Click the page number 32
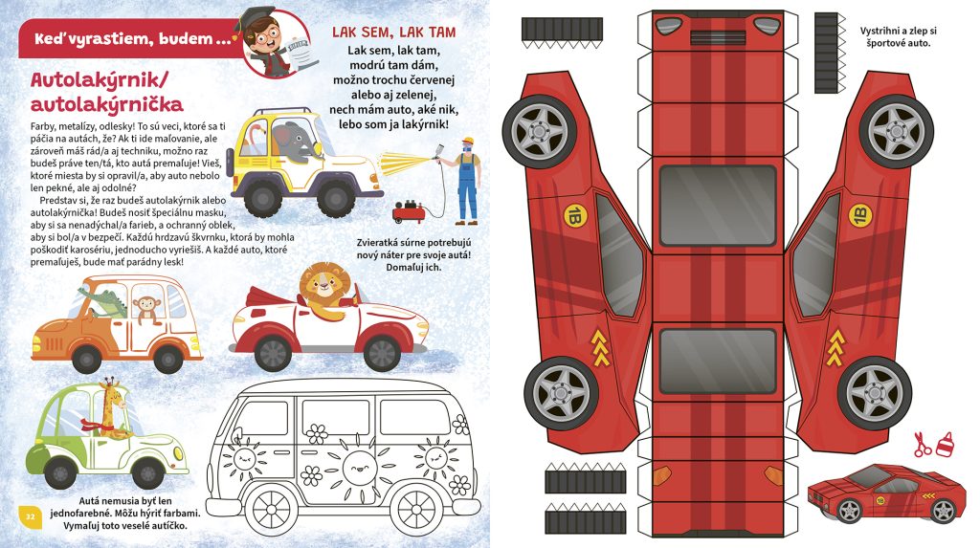pos(30,516)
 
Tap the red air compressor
pos(410,211)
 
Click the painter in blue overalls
pos(464,181)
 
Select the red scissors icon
pos(922,445)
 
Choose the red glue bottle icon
pos(945,444)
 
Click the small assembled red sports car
pos(882,493)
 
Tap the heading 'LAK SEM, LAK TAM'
pos(393,33)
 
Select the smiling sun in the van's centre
pos(359,468)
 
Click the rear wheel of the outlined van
pos(416,512)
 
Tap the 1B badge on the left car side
pos(573,216)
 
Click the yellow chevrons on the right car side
pos(835,348)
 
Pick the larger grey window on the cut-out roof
pos(718,206)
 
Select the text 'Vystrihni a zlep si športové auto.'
pos(898,37)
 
